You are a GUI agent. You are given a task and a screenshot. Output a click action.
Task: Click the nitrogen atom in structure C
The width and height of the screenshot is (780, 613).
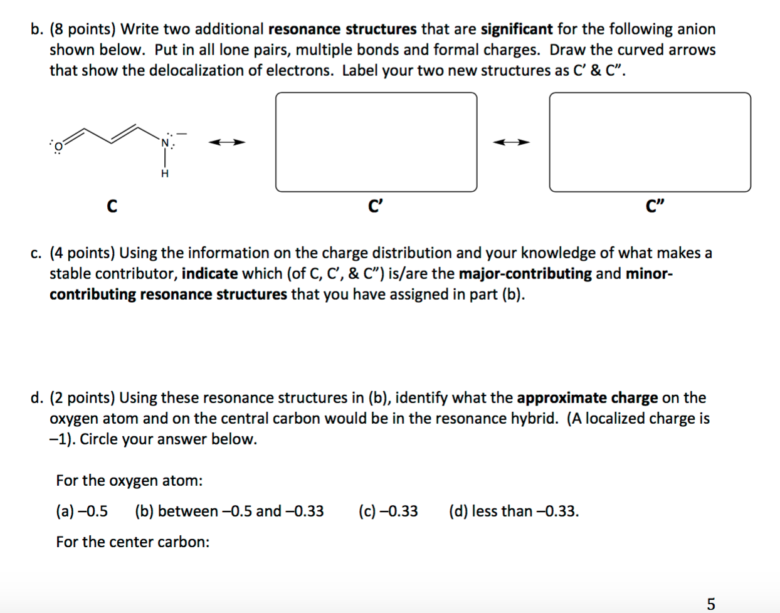(x=166, y=143)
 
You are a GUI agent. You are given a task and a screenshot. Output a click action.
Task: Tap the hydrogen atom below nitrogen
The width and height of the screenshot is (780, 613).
(x=165, y=174)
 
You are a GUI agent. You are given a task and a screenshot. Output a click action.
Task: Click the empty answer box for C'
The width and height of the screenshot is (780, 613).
(x=376, y=142)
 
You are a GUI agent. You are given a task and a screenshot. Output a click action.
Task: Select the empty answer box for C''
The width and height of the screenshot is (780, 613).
(x=650, y=142)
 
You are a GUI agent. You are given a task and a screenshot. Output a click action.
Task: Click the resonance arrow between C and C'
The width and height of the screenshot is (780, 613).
(x=227, y=142)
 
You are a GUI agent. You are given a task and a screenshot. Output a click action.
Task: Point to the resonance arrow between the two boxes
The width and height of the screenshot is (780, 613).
(x=511, y=142)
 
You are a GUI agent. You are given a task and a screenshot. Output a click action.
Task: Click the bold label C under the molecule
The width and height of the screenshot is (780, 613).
(x=112, y=206)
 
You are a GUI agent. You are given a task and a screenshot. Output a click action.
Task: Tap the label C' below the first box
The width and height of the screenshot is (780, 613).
(x=375, y=206)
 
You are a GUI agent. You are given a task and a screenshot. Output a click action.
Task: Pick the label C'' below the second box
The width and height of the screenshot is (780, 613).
(x=655, y=206)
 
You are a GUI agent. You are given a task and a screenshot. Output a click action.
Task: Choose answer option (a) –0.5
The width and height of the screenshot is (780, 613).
(x=82, y=511)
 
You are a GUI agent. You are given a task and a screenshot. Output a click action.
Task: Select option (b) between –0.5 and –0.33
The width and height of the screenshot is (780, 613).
(x=229, y=511)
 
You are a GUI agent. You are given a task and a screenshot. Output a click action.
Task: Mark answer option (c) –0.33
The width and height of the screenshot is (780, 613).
(x=388, y=511)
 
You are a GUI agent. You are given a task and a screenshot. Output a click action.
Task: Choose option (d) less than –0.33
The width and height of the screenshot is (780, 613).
(x=514, y=511)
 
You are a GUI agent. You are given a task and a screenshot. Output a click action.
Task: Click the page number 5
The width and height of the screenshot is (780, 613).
(x=710, y=604)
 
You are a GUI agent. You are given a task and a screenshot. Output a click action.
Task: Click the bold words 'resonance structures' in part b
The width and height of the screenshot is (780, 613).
(x=342, y=29)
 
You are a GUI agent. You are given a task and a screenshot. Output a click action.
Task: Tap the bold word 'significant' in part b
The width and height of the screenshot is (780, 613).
(x=517, y=29)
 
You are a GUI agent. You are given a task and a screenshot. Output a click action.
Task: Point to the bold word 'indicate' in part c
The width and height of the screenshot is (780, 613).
(x=209, y=274)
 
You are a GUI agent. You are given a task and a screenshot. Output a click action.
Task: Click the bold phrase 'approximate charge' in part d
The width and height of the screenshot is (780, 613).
(x=588, y=398)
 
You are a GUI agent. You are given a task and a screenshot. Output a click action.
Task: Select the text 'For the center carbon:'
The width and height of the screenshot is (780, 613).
(x=133, y=542)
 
